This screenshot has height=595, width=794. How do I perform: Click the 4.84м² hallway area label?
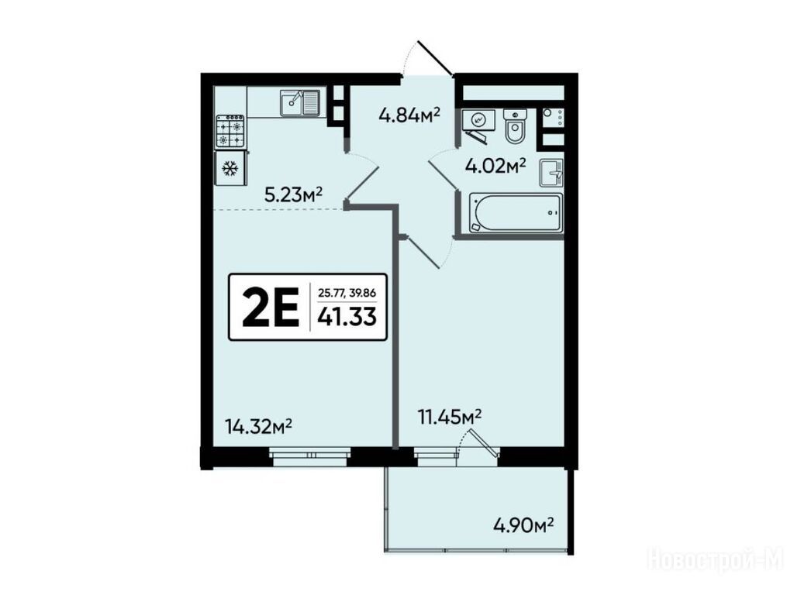point(409,116)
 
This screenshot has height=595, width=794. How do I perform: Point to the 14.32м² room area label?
point(261,427)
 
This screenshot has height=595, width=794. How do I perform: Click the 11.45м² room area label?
point(449,417)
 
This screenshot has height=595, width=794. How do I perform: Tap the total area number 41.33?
point(347,317)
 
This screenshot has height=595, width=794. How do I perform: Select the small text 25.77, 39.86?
point(347,292)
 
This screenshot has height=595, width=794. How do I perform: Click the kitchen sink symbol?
point(300,103)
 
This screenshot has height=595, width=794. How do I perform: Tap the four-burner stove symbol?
point(231,131)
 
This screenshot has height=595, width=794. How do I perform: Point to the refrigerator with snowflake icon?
point(231,168)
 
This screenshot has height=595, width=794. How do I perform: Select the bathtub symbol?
point(516,213)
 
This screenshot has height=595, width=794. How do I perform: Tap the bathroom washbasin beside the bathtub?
point(551,171)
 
